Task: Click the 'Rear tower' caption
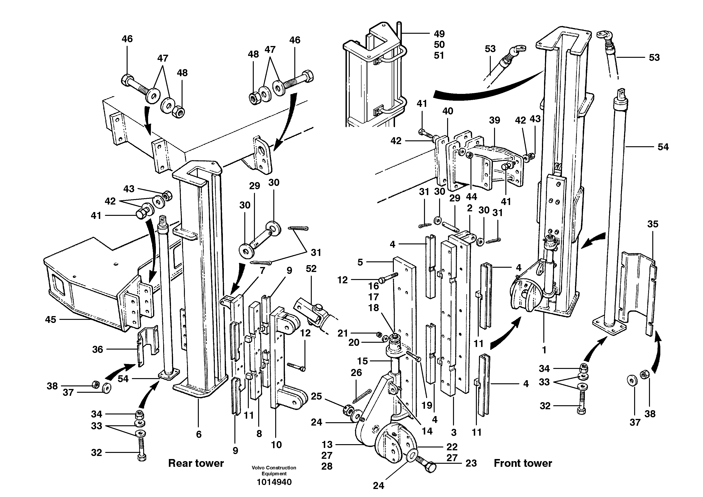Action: point(196,463)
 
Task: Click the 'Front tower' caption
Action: point(523,463)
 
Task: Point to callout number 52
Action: point(311,269)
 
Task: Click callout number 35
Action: point(653,224)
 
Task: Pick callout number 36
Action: point(98,349)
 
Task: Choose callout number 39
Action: point(495,120)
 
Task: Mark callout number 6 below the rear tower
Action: point(199,434)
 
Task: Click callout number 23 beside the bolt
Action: point(471,463)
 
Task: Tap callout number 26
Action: point(356,372)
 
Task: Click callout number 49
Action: point(439,34)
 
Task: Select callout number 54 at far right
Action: point(663,147)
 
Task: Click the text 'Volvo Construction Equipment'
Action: point(274,470)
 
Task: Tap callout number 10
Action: point(276,445)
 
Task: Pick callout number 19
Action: point(427,405)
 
